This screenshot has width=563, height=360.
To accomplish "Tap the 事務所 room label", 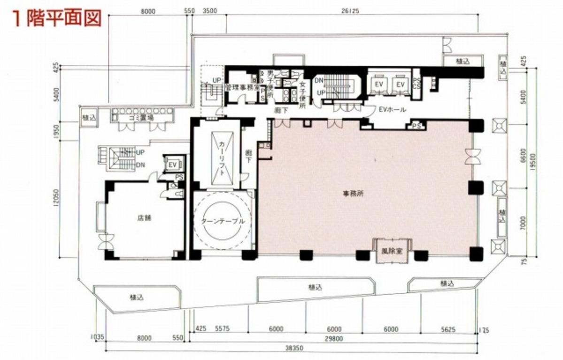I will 357,193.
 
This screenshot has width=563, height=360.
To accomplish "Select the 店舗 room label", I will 144,218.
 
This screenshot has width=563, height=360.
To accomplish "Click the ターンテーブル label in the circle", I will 223,221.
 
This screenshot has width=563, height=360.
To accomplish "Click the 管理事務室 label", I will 241,87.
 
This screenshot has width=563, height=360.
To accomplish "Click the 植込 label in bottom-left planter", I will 137,297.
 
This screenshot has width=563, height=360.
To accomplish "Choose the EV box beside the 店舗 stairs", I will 172,164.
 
